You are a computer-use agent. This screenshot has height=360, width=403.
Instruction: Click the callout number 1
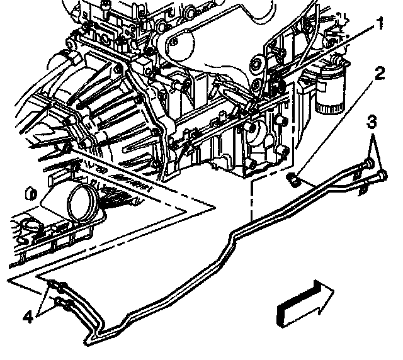pyautogui.click(x=380, y=26)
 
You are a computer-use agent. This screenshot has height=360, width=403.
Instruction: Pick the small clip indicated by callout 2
pyautogui.click(x=292, y=180)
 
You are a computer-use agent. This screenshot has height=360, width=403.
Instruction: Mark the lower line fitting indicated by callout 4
pyautogui.click(x=61, y=304)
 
